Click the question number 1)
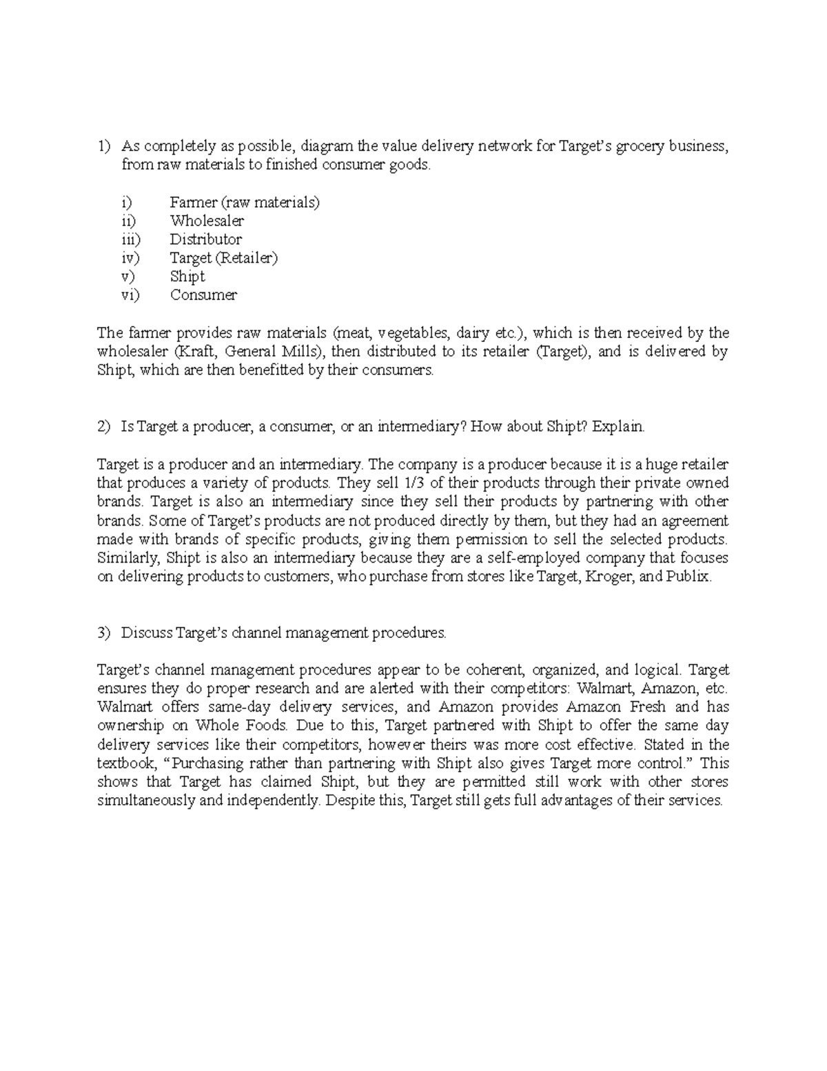[x=103, y=146]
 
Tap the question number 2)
[x=103, y=427]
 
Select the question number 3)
[x=103, y=632]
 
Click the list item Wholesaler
[x=207, y=221]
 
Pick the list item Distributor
[x=205, y=239]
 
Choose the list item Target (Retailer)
[x=223, y=258]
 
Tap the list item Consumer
[x=203, y=295]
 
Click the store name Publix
[x=689, y=577]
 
